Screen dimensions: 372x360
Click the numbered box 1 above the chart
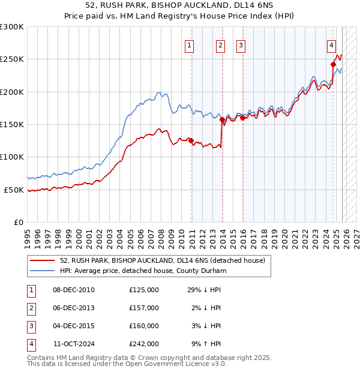[190, 44]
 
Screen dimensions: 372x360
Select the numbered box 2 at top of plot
[220, 44]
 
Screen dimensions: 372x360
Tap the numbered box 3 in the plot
[241, 44]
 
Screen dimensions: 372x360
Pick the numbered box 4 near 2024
[331, 44]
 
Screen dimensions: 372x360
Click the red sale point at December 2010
[191, 141]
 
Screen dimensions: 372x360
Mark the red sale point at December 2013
[223, 120]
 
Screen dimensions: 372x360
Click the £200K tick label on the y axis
[12, 92]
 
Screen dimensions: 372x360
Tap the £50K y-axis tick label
[14, 190]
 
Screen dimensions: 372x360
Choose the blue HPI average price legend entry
[142, 271]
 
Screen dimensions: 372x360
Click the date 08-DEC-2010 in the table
[74, 290]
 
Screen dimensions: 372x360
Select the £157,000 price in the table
[144, 308]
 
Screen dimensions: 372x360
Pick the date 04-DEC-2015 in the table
[74, 326]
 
